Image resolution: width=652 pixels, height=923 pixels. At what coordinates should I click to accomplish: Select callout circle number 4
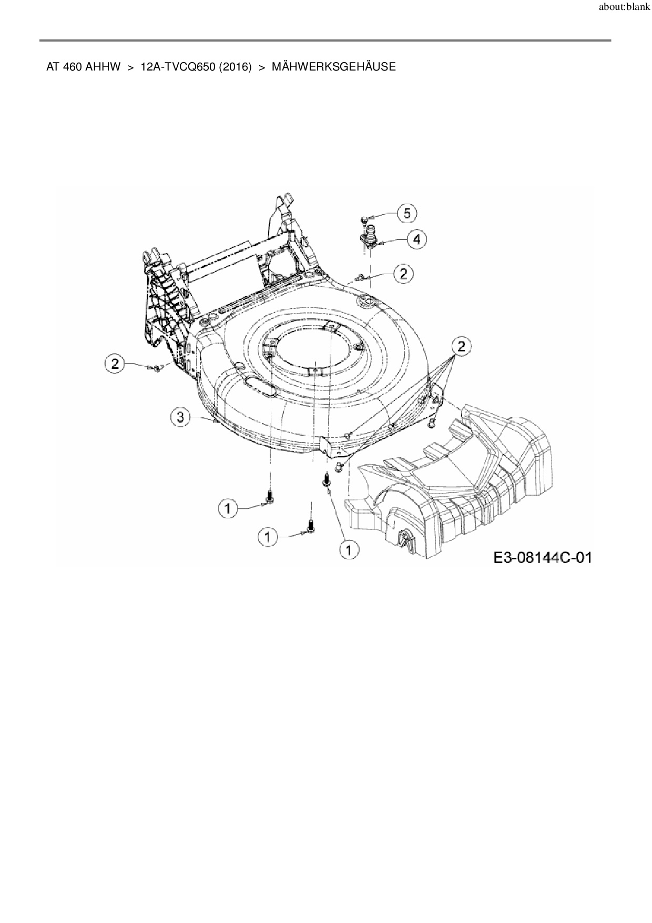417,239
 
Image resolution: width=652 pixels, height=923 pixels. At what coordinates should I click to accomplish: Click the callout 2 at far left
115,364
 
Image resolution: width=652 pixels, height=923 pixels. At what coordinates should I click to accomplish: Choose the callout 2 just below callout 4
403,274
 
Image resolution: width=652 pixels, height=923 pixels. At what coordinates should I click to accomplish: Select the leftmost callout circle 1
228,508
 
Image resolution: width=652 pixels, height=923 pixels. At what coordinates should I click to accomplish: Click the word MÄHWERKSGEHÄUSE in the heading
334,67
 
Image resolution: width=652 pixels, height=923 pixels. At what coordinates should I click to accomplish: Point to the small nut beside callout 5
364,218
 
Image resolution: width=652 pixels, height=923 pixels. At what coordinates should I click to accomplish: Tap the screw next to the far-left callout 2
156,368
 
